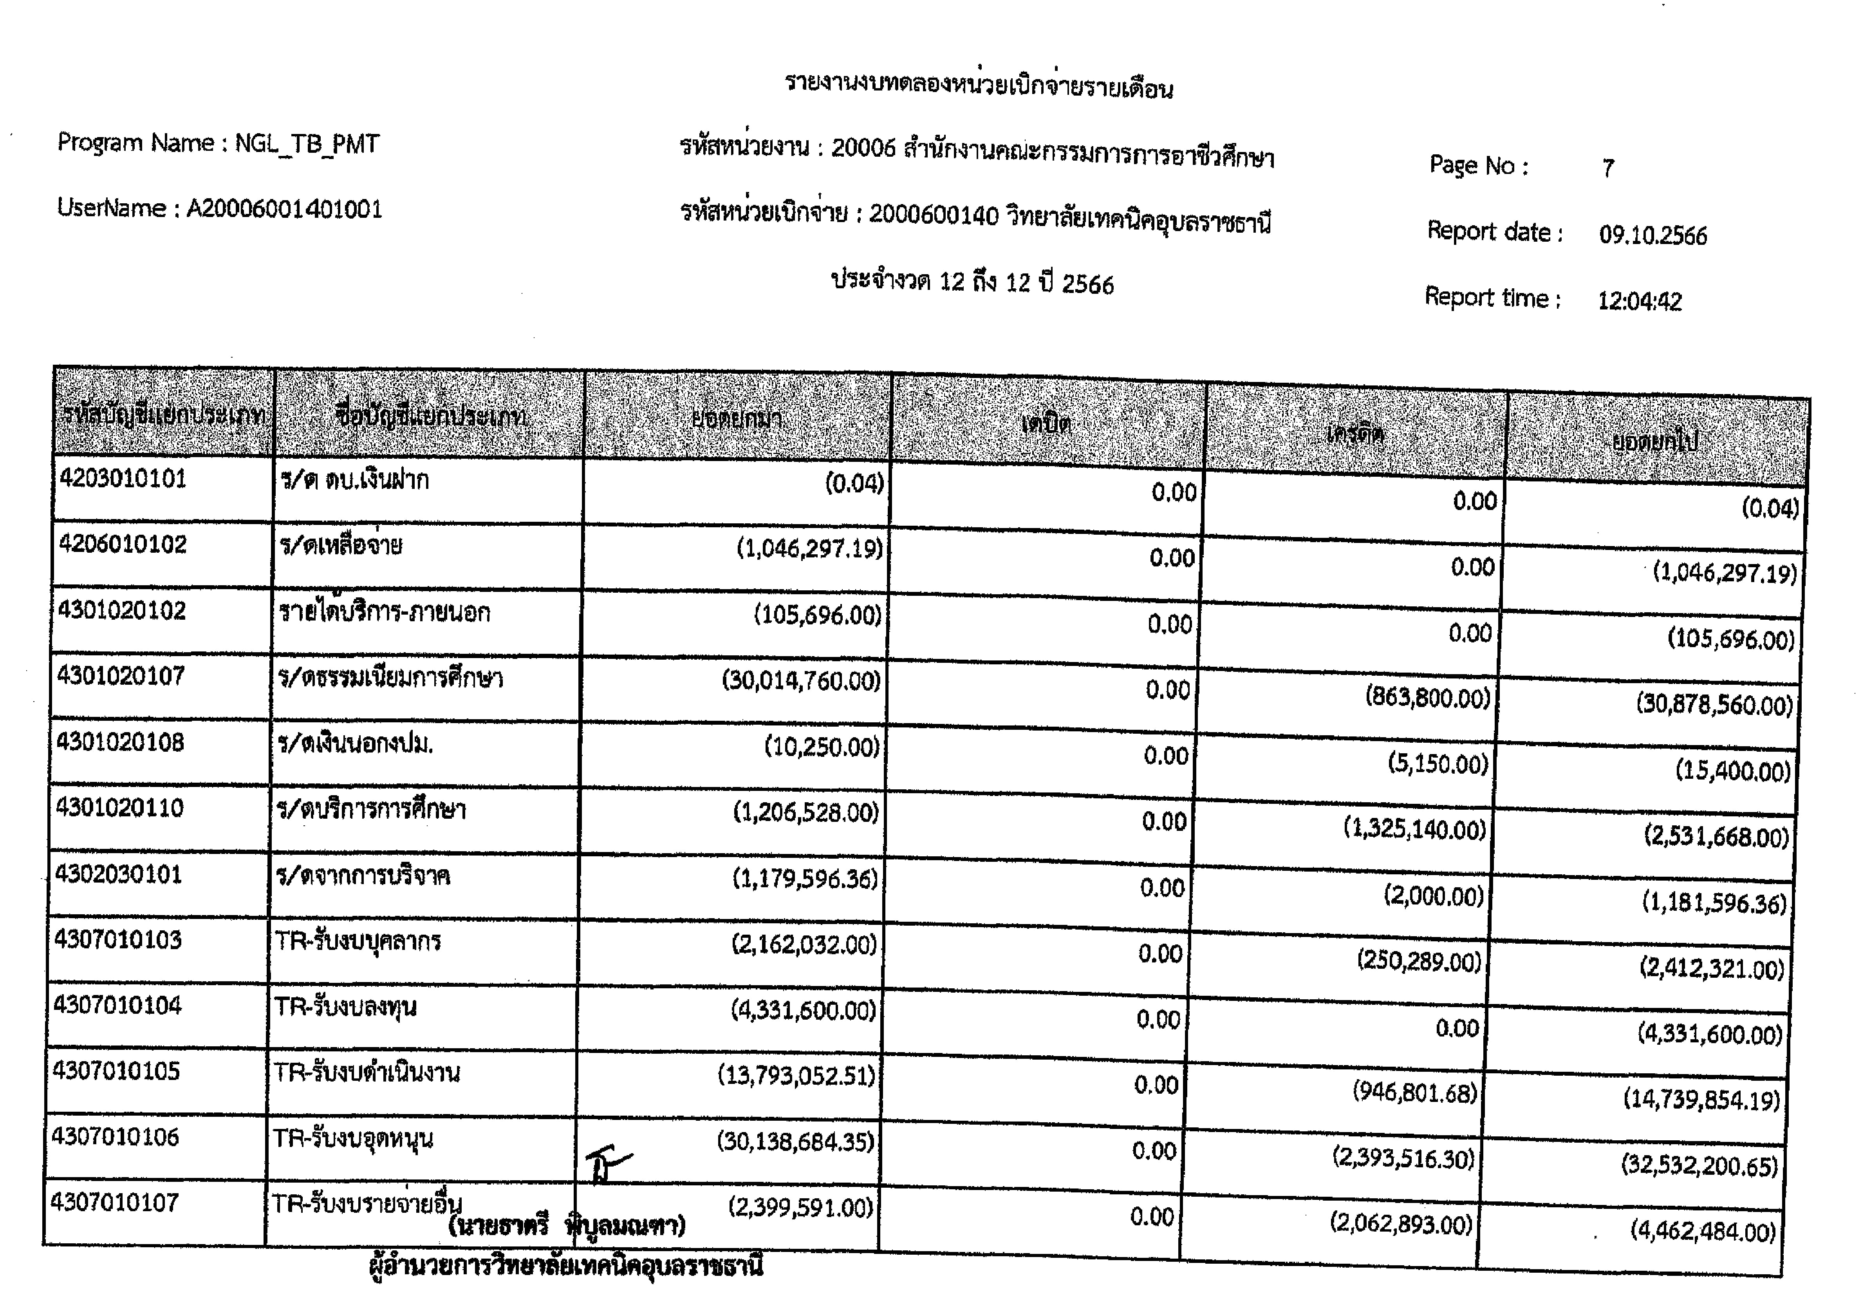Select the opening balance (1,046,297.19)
click(809, 549)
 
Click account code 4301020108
click(121, 742)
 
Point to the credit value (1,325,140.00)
click(1415, 829)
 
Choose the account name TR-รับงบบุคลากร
click(358, 942)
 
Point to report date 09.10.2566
click(1652, 235)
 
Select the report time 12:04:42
click(1640, 302)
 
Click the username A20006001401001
click(284, 210)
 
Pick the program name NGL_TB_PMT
click(307, 144)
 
